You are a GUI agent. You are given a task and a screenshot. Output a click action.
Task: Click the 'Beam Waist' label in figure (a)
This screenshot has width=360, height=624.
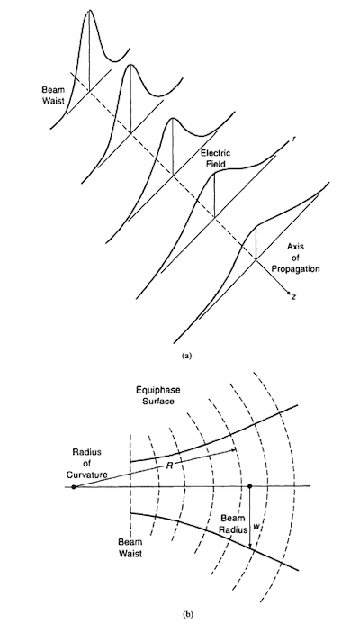[x=54, y=95]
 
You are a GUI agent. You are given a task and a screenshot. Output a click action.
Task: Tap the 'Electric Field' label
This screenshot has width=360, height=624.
[x=216, y=158]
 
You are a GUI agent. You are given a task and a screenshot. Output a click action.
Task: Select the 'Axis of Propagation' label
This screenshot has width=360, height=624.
[x=295, y=258]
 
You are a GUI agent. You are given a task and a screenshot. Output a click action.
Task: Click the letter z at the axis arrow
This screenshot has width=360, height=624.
[x=293, y=297]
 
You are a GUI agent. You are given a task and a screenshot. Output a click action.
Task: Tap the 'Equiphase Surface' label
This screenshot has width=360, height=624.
[x=155, y=395]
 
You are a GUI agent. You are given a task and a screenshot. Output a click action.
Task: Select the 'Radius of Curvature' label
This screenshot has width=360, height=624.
[x=86, y=463]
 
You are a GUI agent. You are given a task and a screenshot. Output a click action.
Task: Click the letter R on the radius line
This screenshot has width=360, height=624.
[x=169, y=466]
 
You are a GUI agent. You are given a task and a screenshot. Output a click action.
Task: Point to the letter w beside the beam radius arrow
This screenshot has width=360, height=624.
[x=256, y=526]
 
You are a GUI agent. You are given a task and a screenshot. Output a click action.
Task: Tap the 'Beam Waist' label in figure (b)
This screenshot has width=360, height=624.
[x=130, y=547]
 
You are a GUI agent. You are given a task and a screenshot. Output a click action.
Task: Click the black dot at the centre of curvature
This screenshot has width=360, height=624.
[x=74, y=486]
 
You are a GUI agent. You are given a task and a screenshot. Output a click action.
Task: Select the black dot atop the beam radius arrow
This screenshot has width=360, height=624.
[x=250, y=486]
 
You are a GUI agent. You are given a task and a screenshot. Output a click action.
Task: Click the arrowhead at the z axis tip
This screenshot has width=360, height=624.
[x=289, y=294]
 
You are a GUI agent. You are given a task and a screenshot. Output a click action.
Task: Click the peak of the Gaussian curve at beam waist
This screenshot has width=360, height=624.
[x=89, y=10]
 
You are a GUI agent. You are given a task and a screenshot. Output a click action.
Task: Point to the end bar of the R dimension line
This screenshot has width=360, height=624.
[x=237, y=449]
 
